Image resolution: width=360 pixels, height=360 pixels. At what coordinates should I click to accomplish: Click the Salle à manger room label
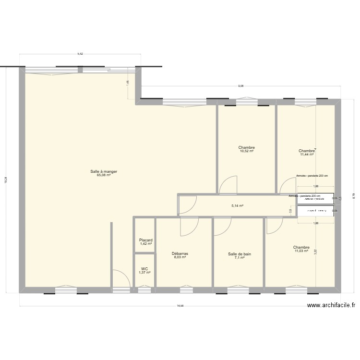pyautogui.click(x=104, y=171)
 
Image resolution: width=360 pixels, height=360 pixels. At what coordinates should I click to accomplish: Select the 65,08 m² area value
pyautogui.click(x=104, y=175)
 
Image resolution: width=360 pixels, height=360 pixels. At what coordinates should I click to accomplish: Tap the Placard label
pyautogui.click(x=145, y=240)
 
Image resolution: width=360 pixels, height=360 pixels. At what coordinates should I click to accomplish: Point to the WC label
pyautogui.click(x=144, y=269)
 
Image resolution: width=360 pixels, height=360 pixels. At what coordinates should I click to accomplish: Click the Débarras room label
pyautogui.click(x=180, y=253)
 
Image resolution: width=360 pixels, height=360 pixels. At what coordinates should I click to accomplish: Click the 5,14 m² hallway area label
pyautogui.click(x=237, y=206)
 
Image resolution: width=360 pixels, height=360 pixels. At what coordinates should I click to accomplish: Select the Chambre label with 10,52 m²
pyautogui.click(x=246, y=147)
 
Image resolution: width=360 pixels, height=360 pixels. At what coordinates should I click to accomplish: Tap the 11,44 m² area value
pyautogui.click(x=306, y=155)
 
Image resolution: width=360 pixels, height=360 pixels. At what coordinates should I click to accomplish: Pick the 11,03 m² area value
pyautogui.click(x=301, y=251)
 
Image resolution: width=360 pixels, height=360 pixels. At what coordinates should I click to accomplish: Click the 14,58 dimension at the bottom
pyautogui.click(x=180, y=306)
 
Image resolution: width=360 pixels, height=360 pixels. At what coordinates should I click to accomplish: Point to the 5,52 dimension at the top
pyautogui.click(x=80, y=54)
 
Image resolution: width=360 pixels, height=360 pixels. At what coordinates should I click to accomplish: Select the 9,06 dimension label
pyautogui.click(x=240, y=86)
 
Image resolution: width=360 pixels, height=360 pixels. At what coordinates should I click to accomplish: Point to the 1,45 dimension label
pyautogui.click(x=128, y=83)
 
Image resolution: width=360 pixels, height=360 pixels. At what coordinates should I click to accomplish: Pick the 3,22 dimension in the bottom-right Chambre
pyautogui.click(x=315, y=251)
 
